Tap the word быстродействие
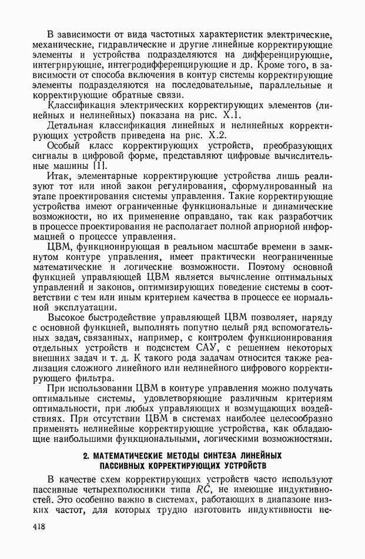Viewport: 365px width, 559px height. pos(132,318)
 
